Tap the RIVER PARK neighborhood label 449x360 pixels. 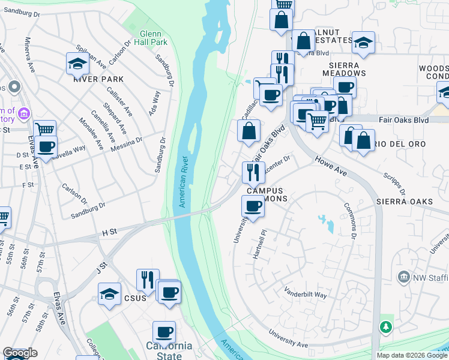(x=98, y=79)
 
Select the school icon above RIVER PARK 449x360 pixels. (x=77, y=63)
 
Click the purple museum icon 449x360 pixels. (x=25, y=113)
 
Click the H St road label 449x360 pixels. (x=109, y=232)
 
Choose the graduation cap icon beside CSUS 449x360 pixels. (x=109, y=294)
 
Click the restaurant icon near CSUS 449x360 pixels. (x=148, y=279)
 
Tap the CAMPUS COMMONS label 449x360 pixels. (x=267, y=194)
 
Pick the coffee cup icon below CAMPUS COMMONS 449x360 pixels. (x=252, y=206)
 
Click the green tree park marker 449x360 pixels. (x=386, y=327)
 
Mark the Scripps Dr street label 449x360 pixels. (x=394, y=184)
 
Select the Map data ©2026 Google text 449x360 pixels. (x=412, y=355)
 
